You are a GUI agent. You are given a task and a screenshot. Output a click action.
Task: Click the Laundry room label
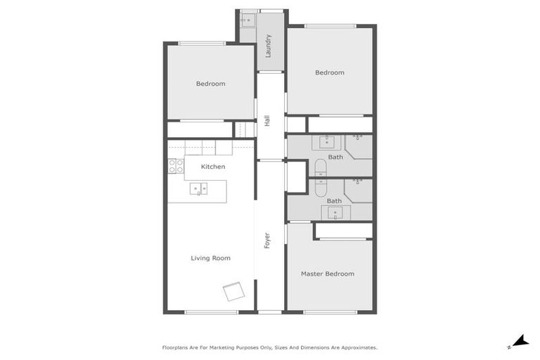[269, 46]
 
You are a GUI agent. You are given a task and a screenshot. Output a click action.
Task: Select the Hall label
[267, 122]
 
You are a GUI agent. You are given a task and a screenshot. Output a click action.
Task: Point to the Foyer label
[267, 240]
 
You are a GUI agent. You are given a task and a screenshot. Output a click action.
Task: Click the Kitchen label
[213, 167]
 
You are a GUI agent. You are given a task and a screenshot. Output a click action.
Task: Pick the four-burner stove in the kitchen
[176, 167]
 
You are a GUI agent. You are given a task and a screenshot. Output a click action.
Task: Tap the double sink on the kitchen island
[198, 188]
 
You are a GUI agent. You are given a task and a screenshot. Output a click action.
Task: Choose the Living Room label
[210, 258]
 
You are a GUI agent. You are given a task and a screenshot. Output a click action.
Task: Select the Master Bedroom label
[327, 274]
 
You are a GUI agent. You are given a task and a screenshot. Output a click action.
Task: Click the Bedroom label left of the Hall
[210, 84]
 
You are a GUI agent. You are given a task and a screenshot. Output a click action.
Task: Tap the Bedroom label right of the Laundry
[329, 72]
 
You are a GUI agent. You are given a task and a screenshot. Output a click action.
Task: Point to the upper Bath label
[335, 157]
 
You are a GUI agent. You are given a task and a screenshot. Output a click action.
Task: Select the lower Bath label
[334, 201]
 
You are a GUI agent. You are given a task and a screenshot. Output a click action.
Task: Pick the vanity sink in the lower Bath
[335, 212]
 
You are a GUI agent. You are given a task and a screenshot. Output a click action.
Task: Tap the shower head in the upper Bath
[357, 136]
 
